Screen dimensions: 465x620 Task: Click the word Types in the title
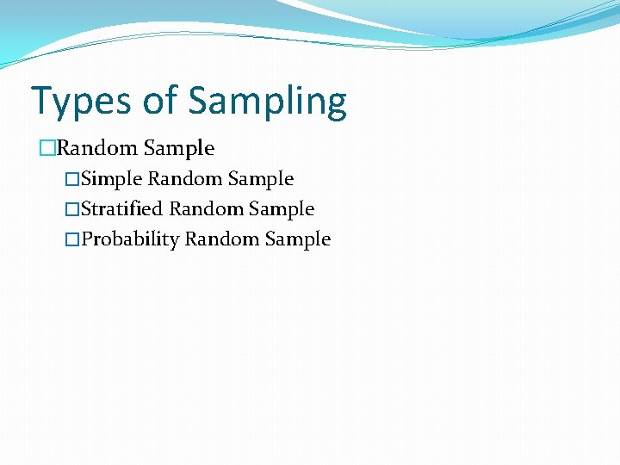click(x=79, y=102)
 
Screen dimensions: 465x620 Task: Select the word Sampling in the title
click(x=268, y=102)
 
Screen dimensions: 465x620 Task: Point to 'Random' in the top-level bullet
click(x=96, y=148)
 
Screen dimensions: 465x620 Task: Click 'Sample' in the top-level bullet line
click(x=179, y=149)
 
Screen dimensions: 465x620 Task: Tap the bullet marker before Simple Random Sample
click(x=71, y=180)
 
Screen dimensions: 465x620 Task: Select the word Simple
click(x=112, y=180)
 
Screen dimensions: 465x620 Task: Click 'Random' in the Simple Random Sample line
click(x=185, y=179)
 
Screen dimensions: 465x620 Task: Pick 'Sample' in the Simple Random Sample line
click(x=261, y=180)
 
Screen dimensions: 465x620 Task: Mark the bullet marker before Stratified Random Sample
click(x=71, y=210)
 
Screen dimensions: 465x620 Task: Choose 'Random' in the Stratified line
click(x=206, y=209)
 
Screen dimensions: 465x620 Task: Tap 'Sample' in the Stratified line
click(x=282, y=210)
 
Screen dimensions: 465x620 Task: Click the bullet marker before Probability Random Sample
click(x=71, y=240)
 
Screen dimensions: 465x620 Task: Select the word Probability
click(x=130, y=240)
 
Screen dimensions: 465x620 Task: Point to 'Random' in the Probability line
click(x=221, y=239)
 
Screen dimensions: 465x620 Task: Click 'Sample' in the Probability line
click(x=298, y=240)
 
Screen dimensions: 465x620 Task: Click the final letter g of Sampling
click(x=335, y=105)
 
